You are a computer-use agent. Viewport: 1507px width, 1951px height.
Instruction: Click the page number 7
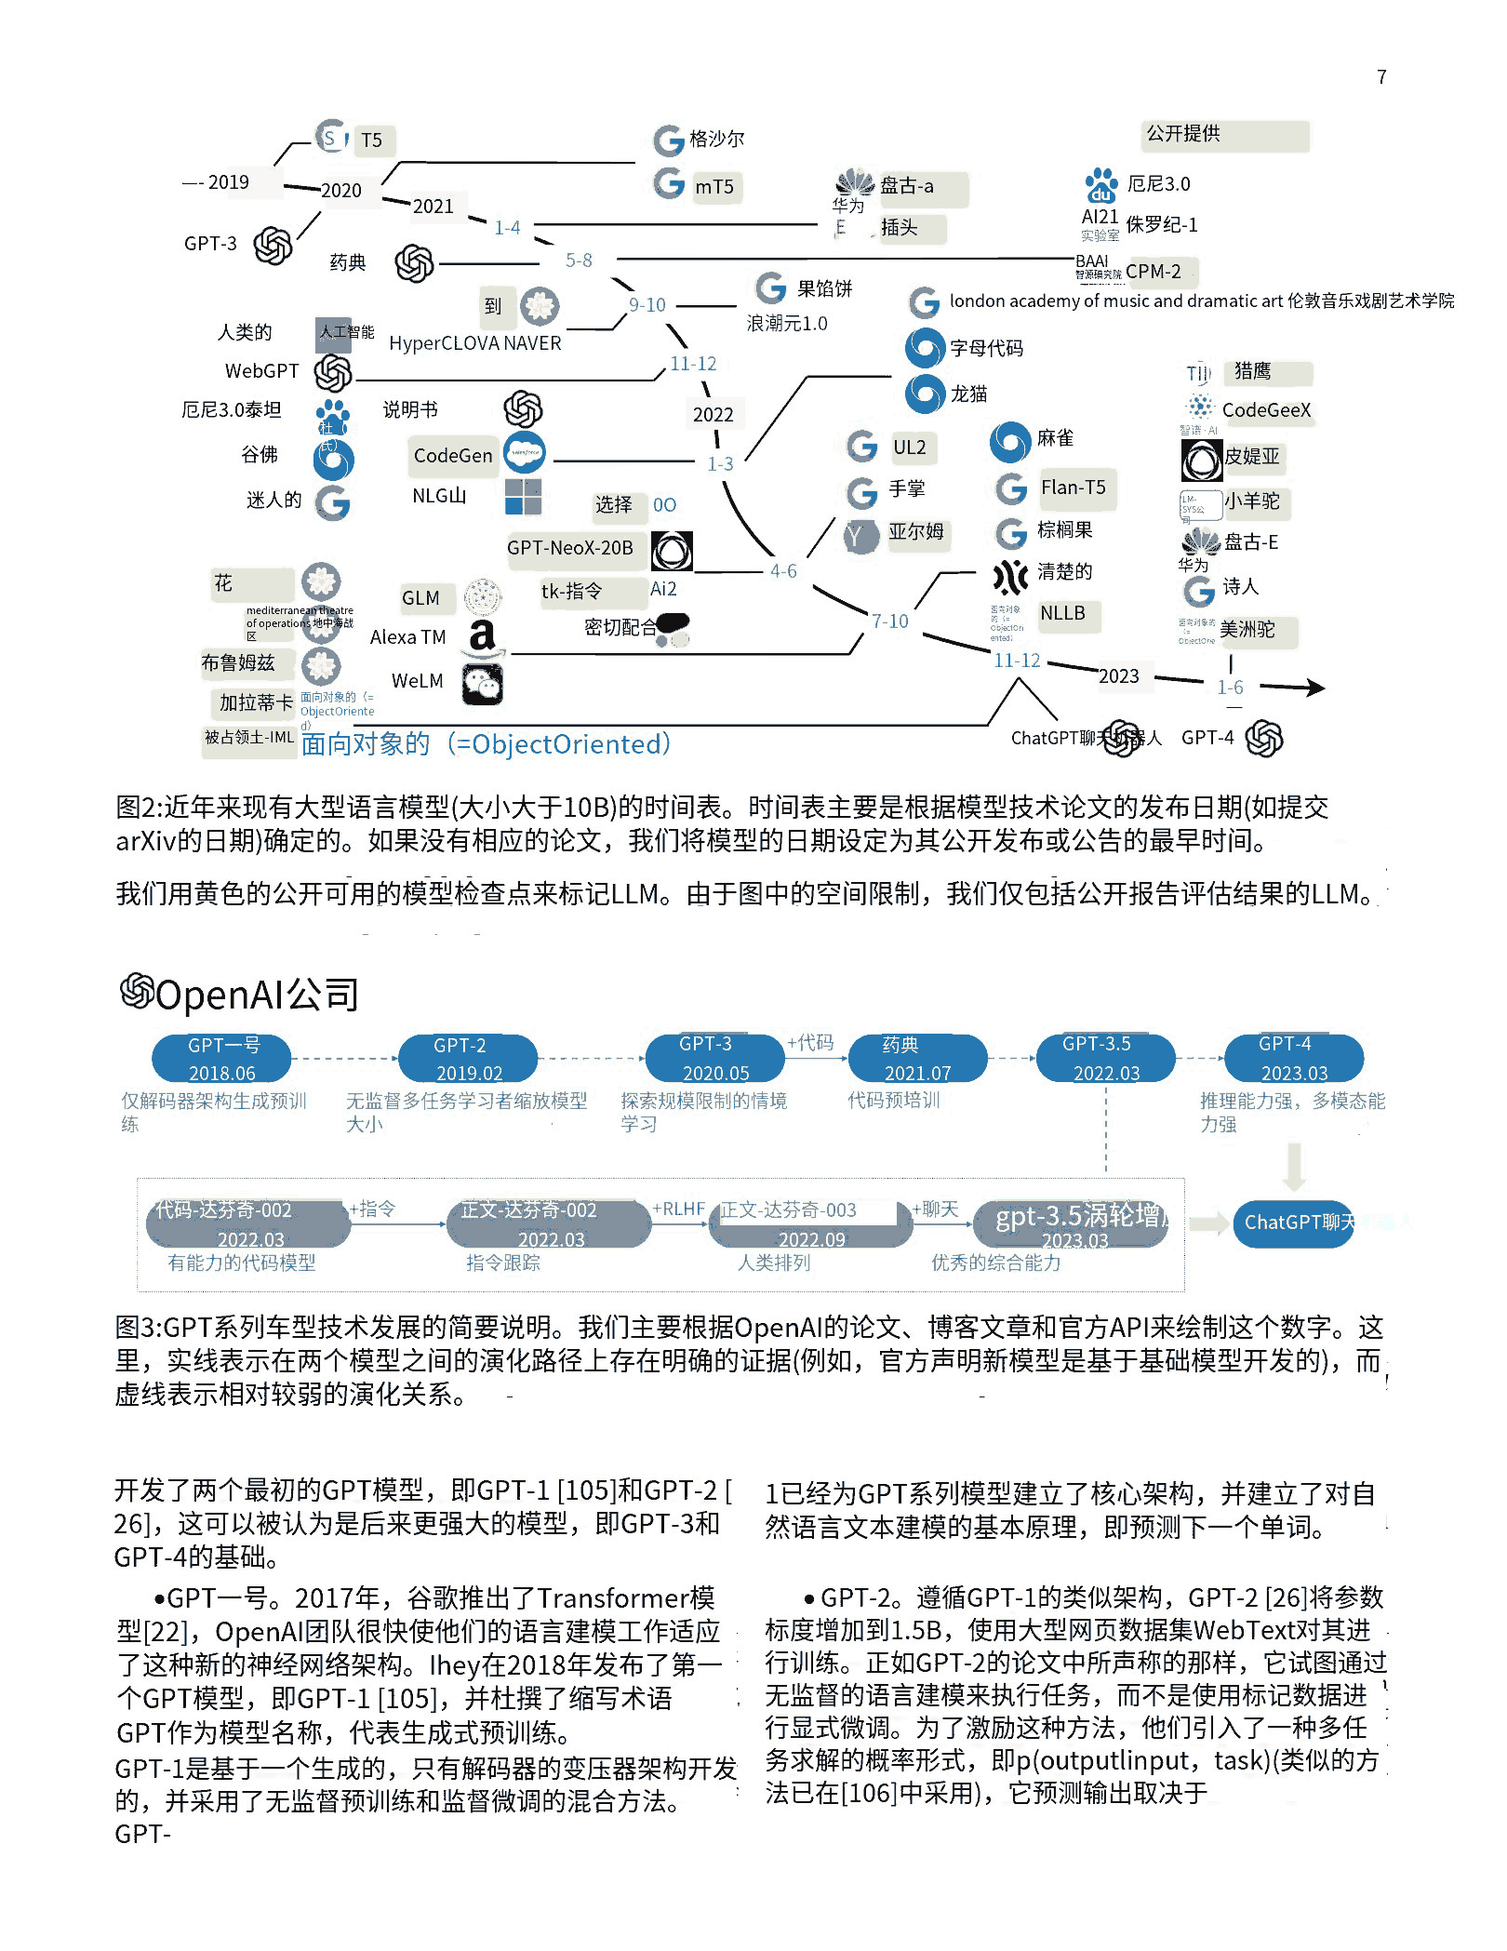coord(1381,77)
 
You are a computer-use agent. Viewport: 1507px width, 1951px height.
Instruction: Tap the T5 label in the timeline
coord(371,140)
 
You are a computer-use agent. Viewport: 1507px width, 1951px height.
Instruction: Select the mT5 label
coord(714,187)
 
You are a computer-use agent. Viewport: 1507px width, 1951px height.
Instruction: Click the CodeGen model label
coord(453,456)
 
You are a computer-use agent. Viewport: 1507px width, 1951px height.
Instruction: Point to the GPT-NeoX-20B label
coord(569,548)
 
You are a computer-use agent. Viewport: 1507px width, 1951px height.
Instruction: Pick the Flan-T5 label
coord(1073,488)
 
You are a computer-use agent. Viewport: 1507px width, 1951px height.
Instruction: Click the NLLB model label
coord(1062,613)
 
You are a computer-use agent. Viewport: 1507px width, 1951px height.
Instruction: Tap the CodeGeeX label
coord(1266,410)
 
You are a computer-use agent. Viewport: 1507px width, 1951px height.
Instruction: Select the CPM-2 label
coord(1153,272)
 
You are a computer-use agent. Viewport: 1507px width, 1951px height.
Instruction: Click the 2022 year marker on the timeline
coord(713,415)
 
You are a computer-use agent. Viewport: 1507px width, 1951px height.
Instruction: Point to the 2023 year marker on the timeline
coord(1118,676)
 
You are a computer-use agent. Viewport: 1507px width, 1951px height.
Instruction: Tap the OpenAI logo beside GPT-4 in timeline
coord(1264,739)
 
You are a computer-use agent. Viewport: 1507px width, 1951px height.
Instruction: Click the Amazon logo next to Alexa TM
coord(482,637)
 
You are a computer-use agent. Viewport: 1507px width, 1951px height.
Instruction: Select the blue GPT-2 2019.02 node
coord(468,1059)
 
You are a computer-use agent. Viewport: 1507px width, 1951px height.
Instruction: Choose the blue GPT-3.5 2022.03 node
coord(1105,1059)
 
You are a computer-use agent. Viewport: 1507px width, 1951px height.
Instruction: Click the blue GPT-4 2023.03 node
coord(1293,1059)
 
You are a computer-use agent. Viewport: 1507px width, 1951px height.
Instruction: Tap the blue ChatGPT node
coord(1293,1223)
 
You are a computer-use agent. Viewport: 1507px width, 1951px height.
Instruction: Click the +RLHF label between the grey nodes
coord(678,1209)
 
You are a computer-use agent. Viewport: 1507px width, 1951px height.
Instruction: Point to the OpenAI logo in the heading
coord(137,991)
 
